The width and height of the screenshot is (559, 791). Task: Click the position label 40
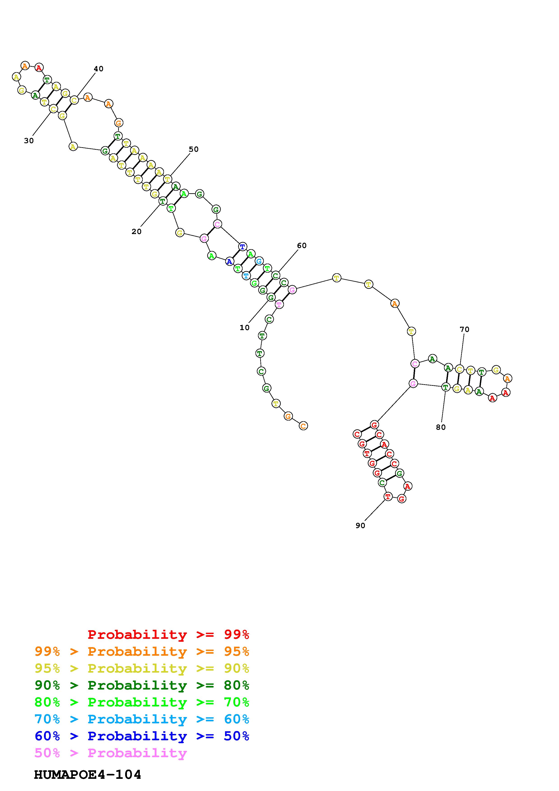pyautogui.click(x=99, y=69)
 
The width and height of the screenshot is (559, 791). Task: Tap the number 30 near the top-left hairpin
pyautogui.click(x=29, y=140)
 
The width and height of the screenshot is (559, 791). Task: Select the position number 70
pyautogui.click(x=465, y=329)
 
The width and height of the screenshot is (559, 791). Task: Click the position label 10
pyautogui.click(x=244, y=328)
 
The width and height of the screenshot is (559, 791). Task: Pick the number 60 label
pyautogui.click(x=302, y=246)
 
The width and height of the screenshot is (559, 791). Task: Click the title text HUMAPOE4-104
pyautogui.click(x=88, y=775)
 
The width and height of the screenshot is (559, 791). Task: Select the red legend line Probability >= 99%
pyautogui.click(x=168, y=634)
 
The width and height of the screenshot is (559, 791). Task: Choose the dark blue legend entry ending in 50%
pyautogui.click(x=142, y=736)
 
